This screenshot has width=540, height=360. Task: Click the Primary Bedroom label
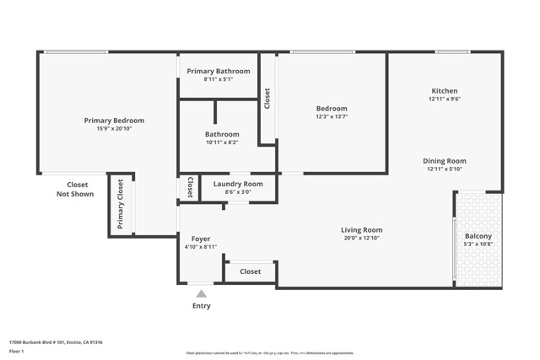click(114, 121)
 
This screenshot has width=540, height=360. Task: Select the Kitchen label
click(445, 91)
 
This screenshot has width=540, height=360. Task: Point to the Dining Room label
click(445, 161)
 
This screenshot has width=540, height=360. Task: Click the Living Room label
click(362, 230)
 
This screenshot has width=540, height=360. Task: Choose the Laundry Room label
click(238, 184)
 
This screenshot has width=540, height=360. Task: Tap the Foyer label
click(201, 239)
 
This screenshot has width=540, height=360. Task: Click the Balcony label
click(478, 236)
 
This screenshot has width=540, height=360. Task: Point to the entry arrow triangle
click(201, 293)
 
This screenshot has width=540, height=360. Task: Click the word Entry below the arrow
click(201, 306)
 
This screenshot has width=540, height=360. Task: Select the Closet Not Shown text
click(78, 189)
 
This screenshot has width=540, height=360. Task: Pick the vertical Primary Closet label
click(121, 205)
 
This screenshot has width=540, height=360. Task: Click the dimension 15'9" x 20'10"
click(114, 129)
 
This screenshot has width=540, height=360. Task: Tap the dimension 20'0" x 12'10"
click(362, 239)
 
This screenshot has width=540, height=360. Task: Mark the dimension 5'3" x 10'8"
click(478, 245)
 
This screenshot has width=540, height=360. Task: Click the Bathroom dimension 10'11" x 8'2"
click(222, 142)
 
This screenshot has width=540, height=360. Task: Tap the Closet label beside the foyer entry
click(251, 271)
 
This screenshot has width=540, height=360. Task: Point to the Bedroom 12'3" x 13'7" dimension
click(332, 117)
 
